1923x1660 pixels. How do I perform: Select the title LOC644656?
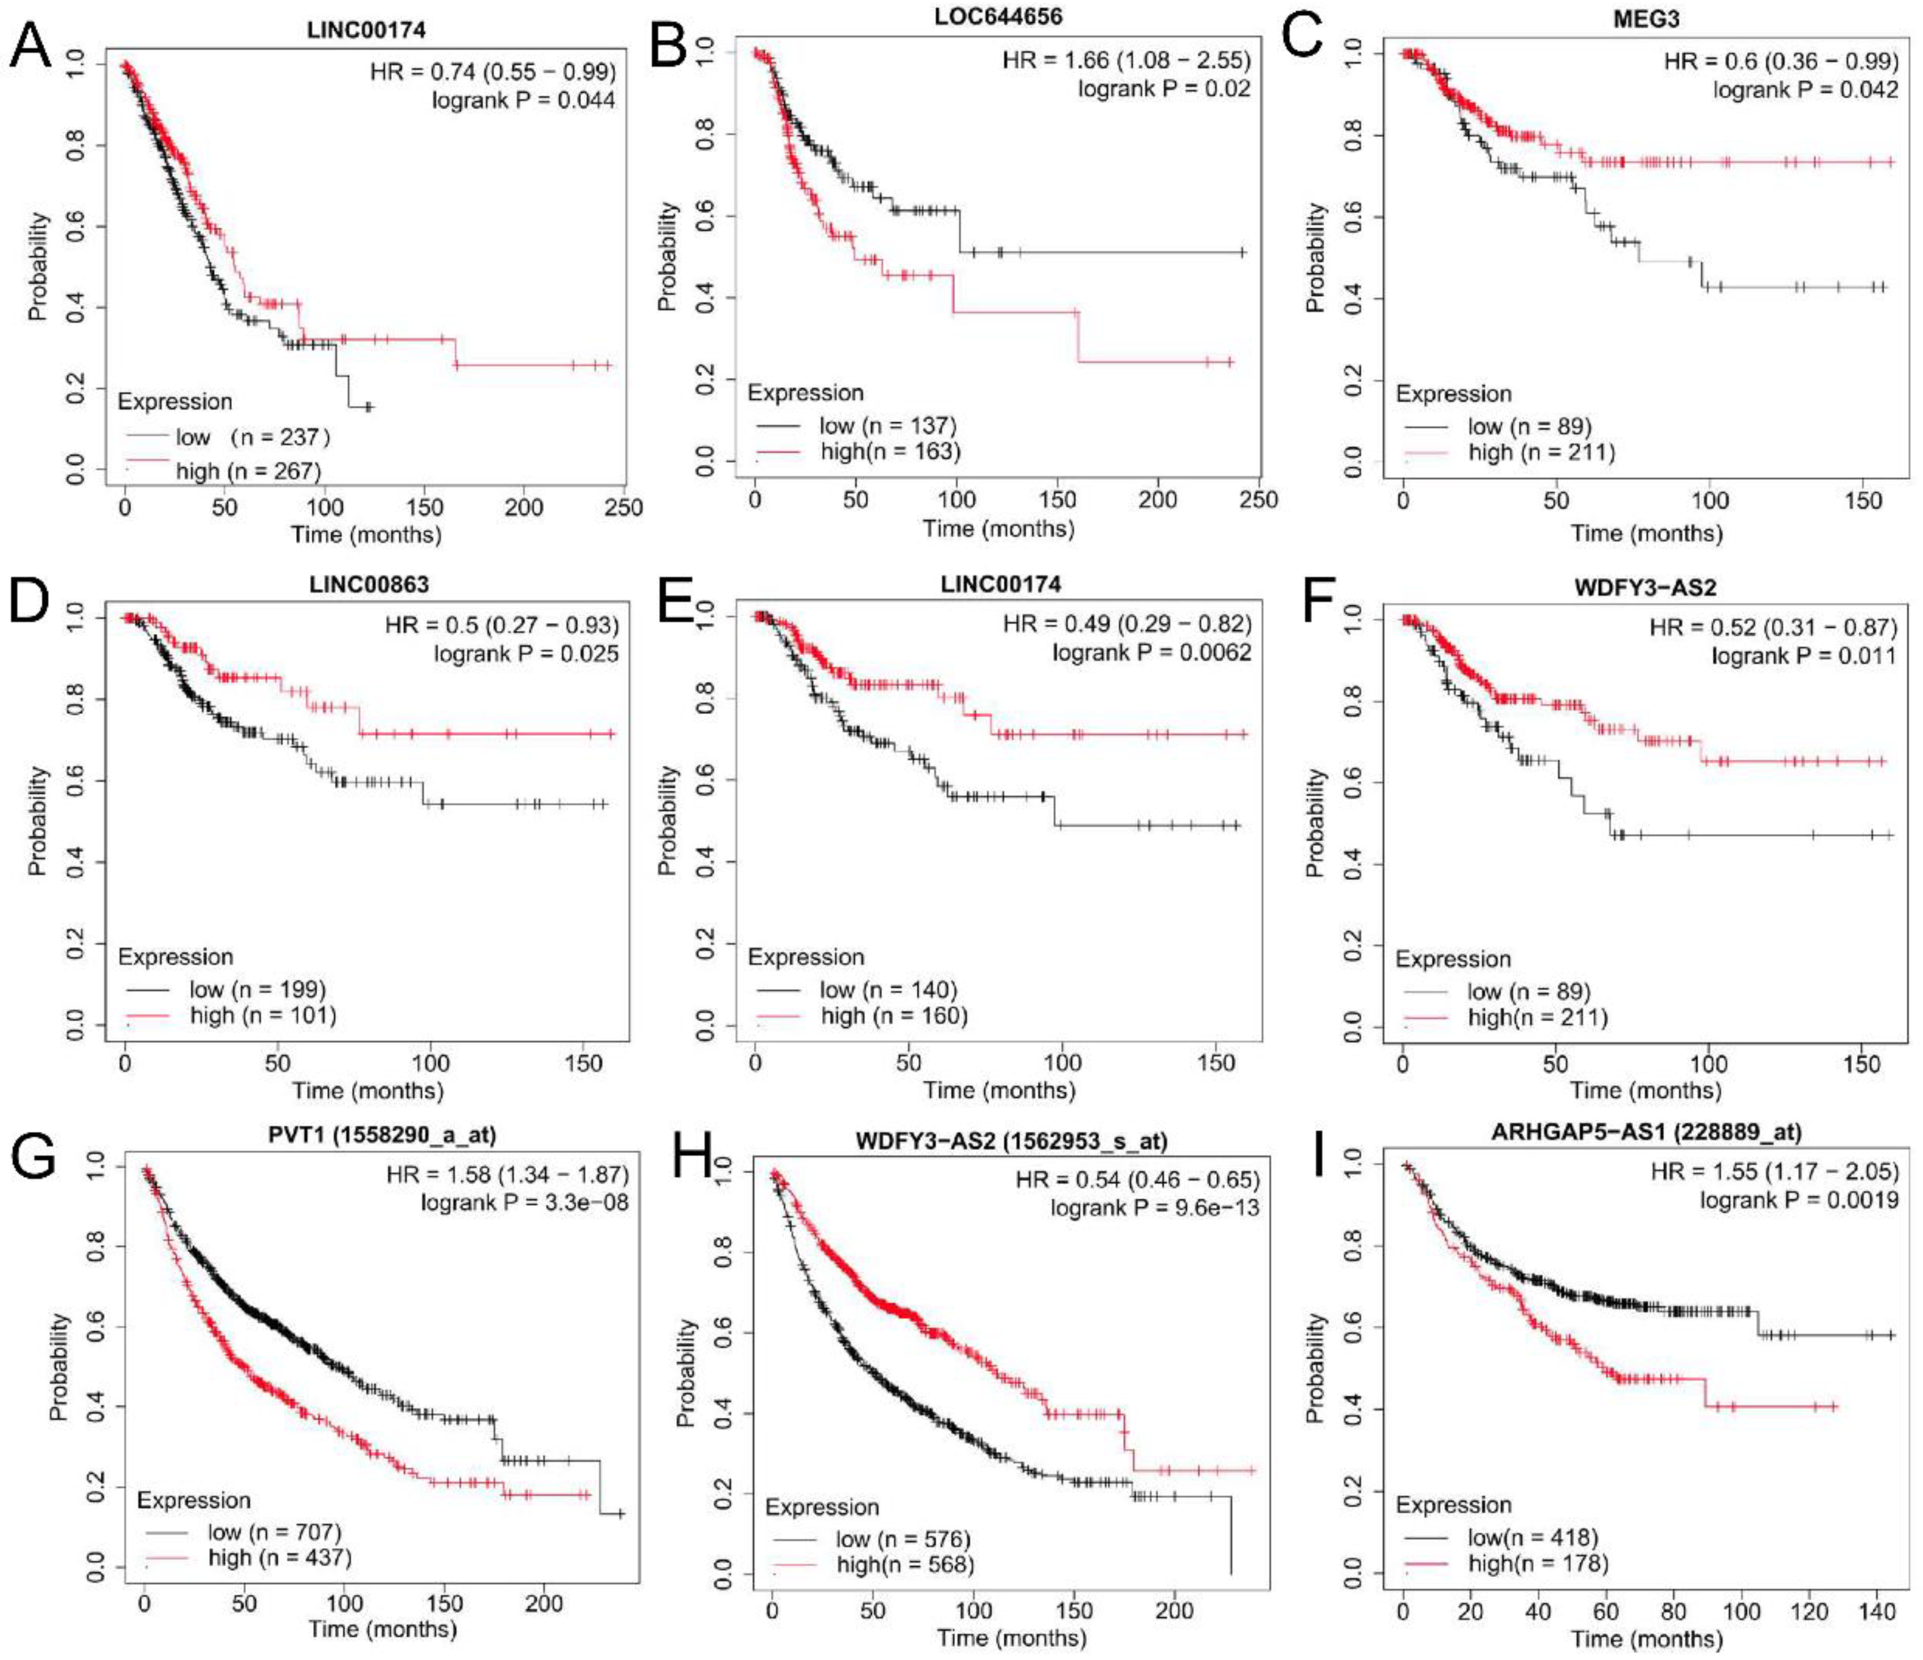click(998, 16)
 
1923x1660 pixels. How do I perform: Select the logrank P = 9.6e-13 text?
click(1155, 1207)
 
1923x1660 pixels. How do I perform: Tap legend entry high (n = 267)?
click(248, 471)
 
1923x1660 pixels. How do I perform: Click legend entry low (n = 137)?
click(887, 425)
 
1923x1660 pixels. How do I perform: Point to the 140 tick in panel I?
click(1876, 1612)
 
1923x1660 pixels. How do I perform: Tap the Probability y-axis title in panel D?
click(37, 820)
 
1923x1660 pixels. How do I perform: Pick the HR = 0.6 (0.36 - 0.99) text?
click(1780, 61)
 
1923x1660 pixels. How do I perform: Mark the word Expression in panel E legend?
click(806, 957)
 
